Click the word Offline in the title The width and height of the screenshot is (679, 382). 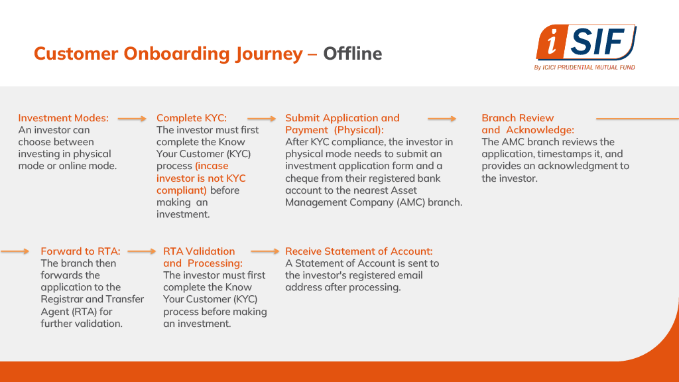353,54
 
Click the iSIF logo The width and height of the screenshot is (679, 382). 586,42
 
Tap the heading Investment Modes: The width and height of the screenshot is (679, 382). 63,118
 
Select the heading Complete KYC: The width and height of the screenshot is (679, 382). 192,118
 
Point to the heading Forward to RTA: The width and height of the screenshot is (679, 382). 80,251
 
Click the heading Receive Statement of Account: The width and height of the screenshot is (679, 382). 359,251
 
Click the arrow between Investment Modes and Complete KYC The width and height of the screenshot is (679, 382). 132,119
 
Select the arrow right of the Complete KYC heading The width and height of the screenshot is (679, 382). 261,119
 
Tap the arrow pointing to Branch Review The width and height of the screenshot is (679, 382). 442,119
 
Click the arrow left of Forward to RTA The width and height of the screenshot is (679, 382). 15,251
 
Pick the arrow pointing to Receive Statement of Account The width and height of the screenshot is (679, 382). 265,251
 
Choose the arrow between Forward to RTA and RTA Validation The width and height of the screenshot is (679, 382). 142,251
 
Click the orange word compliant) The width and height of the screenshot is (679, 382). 182,190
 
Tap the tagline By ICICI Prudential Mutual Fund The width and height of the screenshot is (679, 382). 585,68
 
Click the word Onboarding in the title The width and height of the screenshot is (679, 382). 176,54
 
